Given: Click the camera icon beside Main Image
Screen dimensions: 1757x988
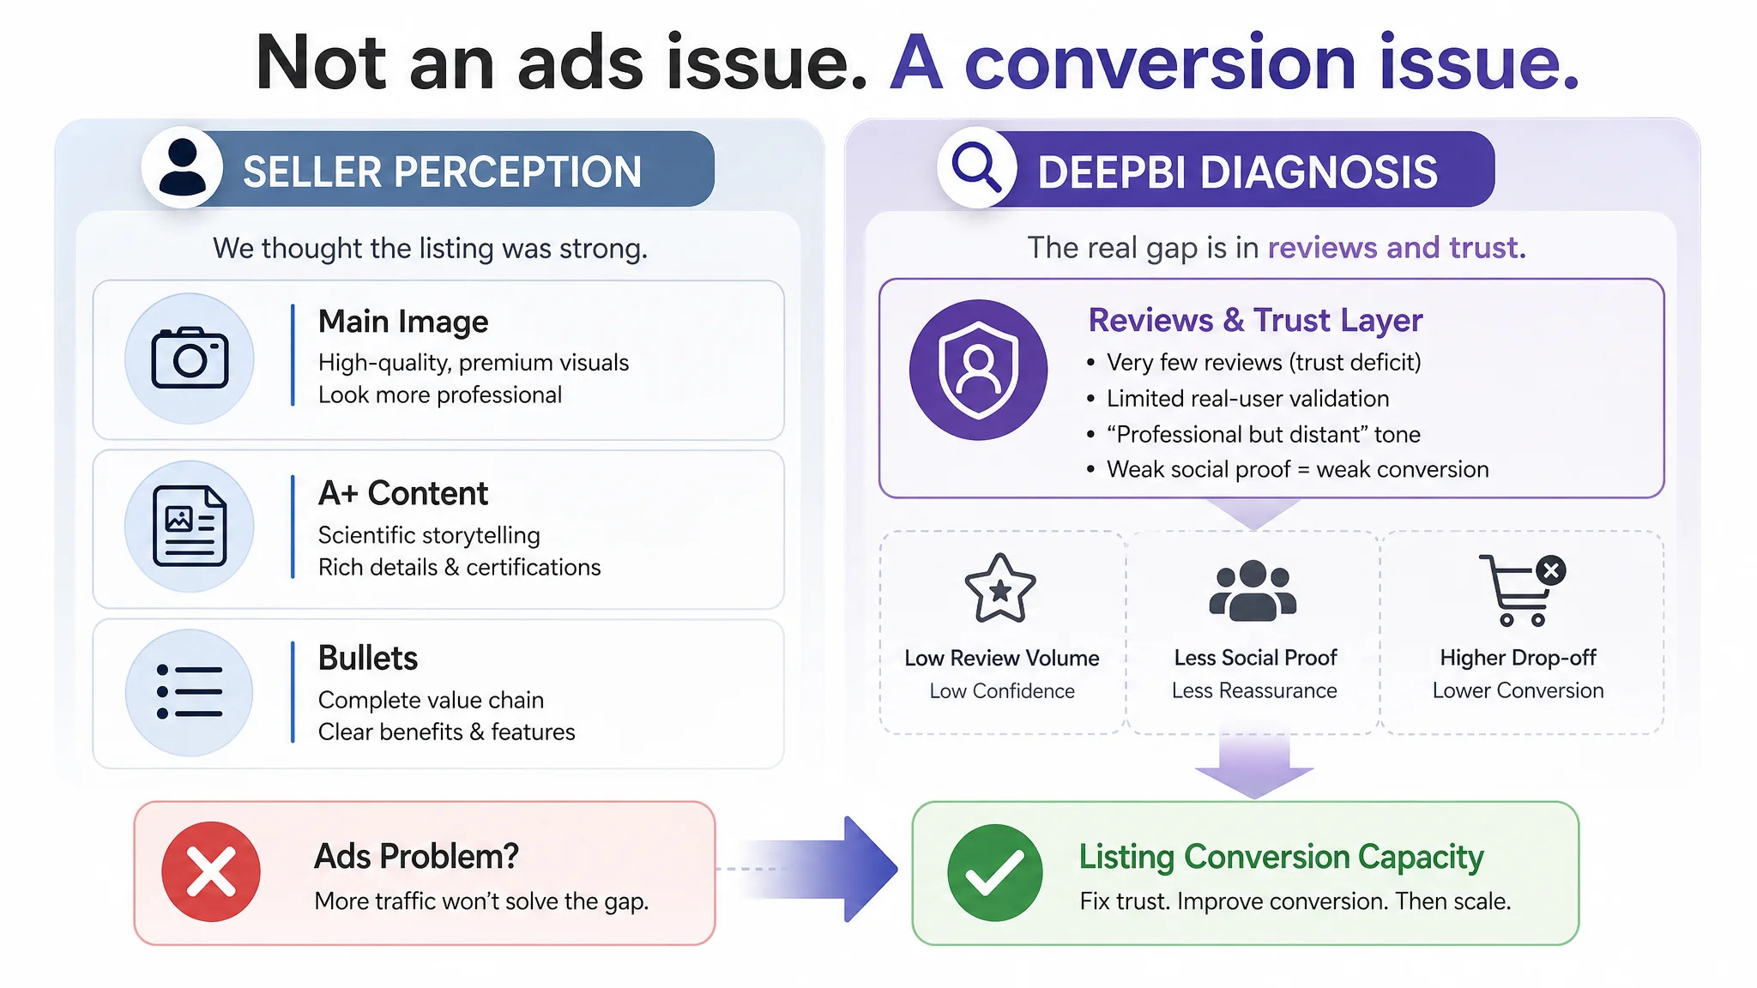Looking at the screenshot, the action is coord(190,358).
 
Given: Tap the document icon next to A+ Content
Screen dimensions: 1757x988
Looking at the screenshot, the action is coord(190,526).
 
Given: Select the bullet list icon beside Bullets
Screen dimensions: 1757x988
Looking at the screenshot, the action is coord(190,692).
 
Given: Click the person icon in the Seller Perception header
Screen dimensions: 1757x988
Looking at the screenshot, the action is coord(182,167).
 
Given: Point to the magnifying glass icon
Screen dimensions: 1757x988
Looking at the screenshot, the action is coord(977,166).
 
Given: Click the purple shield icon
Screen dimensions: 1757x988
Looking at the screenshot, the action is coord(978,370).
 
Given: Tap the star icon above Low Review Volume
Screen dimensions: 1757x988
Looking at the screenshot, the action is coord(1000,588).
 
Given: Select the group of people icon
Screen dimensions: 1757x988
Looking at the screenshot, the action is coord(1253,590).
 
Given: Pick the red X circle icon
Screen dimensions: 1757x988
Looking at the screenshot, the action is coord(211,871).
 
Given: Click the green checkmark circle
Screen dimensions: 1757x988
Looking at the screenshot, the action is coord(995,872).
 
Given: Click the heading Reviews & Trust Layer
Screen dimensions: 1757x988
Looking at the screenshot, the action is coord(1255,320).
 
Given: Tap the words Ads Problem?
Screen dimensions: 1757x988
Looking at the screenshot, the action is coord(417,856).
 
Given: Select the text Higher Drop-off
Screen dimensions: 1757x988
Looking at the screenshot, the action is coord(1518,658).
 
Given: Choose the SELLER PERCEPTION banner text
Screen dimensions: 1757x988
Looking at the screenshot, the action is coord(443,172).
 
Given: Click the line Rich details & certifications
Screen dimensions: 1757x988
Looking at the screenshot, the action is coord(460,567).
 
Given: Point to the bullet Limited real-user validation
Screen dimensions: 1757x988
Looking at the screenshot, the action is coord(1248,398).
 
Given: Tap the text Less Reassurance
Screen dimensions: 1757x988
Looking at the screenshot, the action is coord(1254,690).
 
